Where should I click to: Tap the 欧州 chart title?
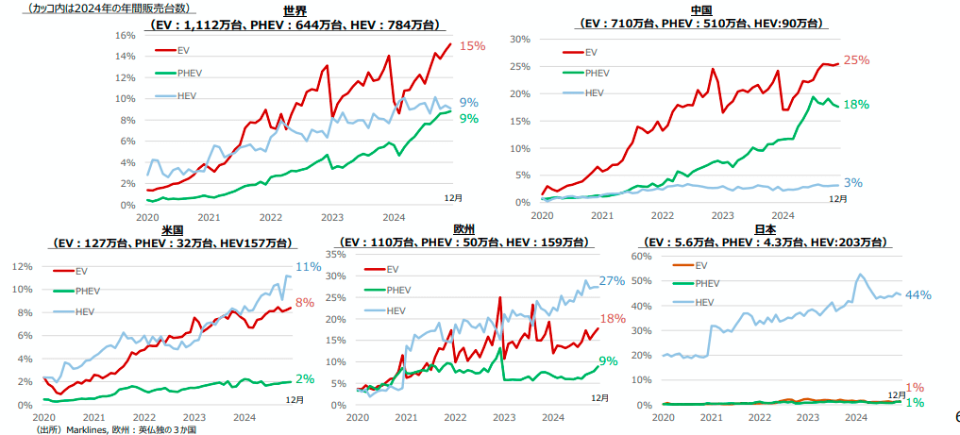463,230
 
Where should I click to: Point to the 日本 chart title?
766,230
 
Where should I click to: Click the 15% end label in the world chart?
472,45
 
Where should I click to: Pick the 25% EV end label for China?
856,60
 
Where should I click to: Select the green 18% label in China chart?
856,105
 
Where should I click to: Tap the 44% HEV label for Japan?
918,295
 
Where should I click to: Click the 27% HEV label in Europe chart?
613,281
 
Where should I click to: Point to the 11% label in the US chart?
309,267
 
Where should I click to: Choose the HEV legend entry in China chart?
594,92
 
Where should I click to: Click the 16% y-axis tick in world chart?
125,35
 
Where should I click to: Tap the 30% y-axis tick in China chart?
520,40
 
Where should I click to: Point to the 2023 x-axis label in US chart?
194,417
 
